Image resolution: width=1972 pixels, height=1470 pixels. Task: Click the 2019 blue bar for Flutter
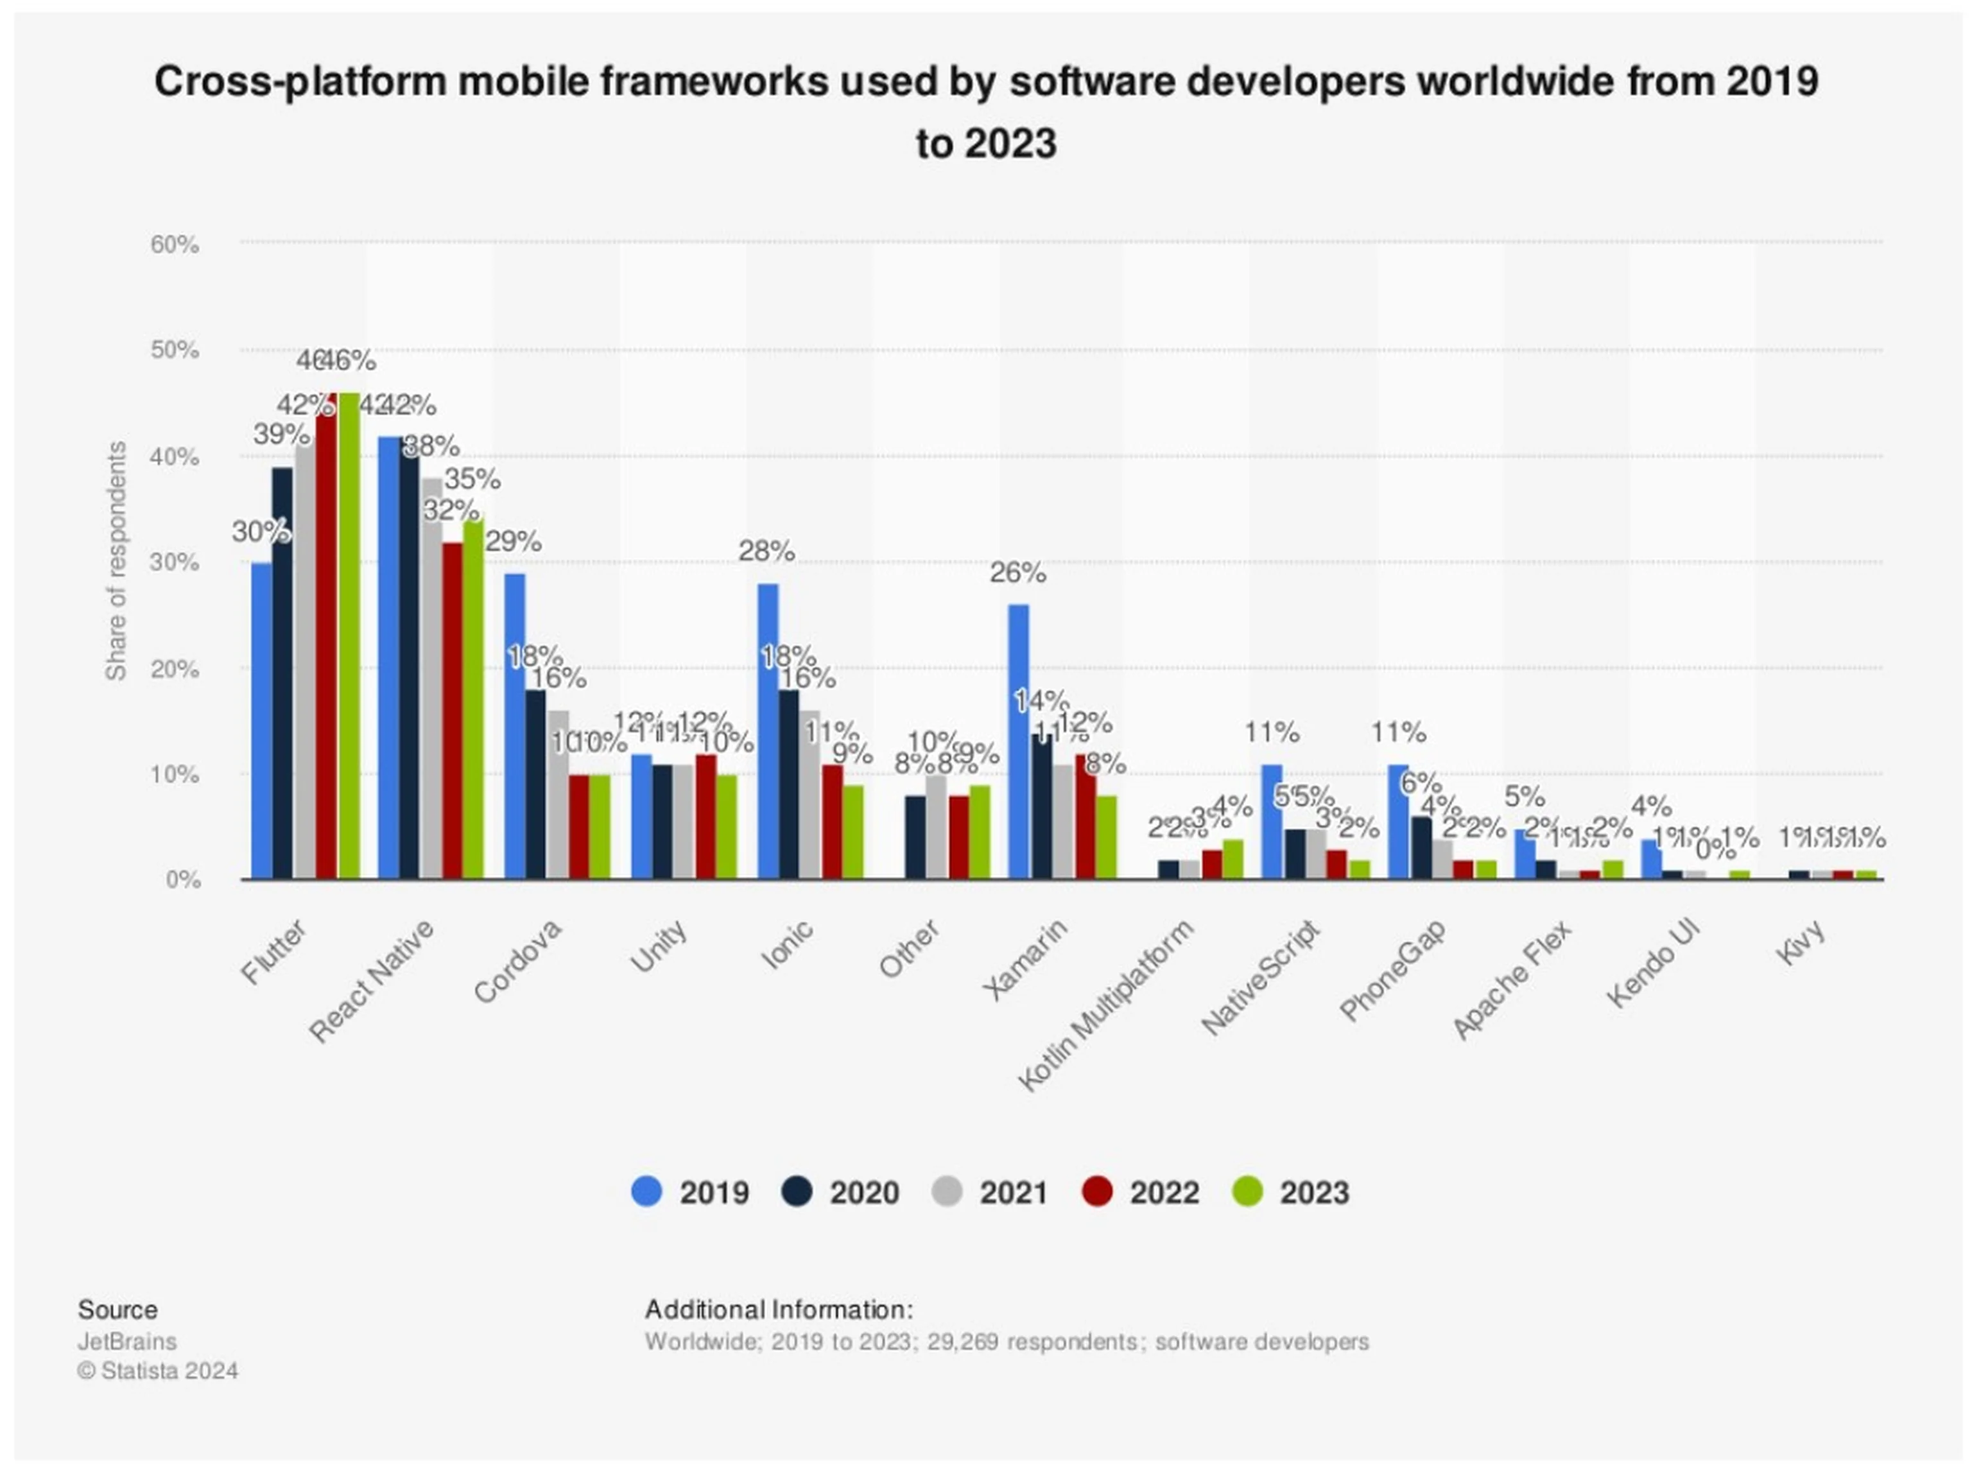pyautogui.click(x=262, y=721)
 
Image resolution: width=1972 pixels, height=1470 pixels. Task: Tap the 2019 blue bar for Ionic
pyautogui.click(x=767, y=731)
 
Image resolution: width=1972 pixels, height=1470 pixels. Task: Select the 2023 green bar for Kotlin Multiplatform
pyautogui.click(x=1232, y=859)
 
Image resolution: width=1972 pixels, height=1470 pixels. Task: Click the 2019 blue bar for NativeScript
pyautogui.click(x=1272, y=821)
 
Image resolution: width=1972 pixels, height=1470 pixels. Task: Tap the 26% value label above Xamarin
pyautogui.click(x=1017, y=573)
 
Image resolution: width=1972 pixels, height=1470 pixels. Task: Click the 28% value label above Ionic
pyautogui.click(x=766, y=551)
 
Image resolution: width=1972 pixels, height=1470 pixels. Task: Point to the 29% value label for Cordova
pyautogui.click(x=514, y=541)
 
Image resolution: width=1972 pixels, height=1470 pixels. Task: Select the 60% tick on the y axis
pyautogui.click(x=175, y=244)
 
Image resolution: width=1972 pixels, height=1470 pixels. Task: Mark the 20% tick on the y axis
pyautogui.click(x=175, y=669)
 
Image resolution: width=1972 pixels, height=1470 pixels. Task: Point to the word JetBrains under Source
pyautogui.click(x=126, y=1341)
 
